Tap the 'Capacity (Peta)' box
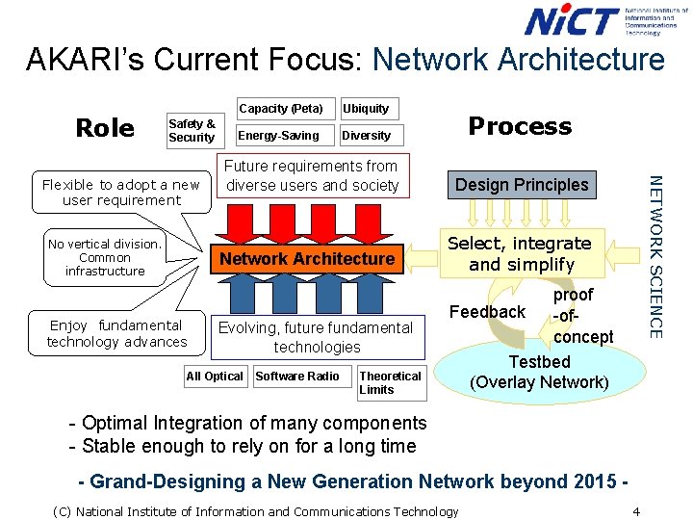tap(281, 108)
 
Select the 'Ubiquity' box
tap(367, 108)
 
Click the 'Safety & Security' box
tap(192, 131)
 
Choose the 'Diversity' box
tap(367, 135)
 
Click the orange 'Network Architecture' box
tap(307, 258)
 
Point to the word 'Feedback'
tap(488, 312)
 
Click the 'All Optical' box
tap(215, 377)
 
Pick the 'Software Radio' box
tap(297, 377)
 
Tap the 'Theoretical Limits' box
tap(391, 382)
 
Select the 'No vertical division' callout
tap(105, 258)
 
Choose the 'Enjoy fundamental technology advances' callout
tap(116, 333)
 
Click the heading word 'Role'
tap(105, 128)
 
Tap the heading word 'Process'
tap(519, 126)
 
